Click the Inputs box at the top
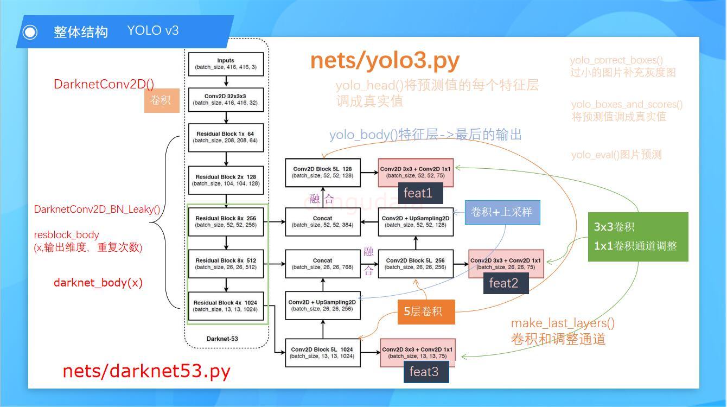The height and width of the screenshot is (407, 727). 226,64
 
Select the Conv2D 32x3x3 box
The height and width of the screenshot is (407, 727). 226,99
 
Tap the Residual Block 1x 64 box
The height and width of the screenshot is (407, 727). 226,137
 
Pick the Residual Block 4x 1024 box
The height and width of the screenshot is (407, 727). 226,306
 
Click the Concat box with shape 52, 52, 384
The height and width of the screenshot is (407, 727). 322,221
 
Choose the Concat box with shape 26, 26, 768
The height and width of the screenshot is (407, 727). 322,264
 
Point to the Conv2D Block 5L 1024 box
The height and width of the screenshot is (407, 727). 322,353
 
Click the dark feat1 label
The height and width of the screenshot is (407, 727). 418,193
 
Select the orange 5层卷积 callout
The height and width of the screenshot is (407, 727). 426,311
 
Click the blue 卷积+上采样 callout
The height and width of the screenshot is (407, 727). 502,212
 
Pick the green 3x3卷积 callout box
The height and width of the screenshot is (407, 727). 638,237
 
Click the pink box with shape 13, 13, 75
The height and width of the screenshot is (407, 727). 417,353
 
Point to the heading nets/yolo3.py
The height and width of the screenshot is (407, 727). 385,61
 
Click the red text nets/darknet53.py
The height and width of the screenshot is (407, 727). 146,371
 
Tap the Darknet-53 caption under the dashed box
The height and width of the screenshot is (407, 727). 222,339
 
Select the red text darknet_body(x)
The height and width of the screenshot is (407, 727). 98,283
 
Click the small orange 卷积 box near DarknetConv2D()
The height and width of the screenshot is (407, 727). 161,100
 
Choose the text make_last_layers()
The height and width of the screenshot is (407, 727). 563,323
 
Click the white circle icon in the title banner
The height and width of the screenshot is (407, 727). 30,32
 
